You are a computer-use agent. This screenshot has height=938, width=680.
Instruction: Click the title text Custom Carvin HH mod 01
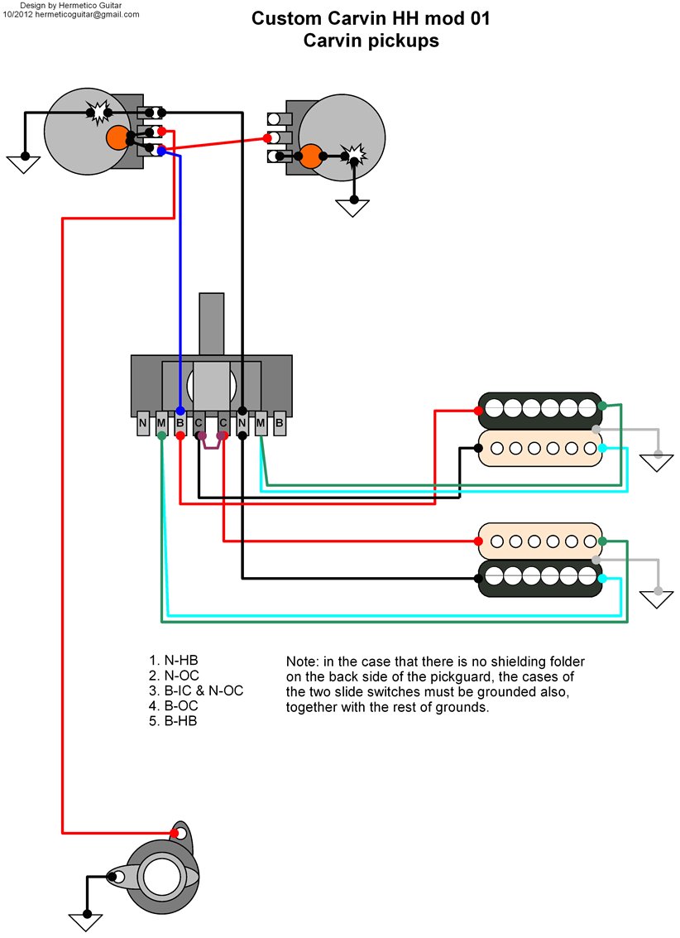[x=371, y=19]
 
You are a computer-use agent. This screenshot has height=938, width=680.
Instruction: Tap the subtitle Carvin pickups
[x=371, y=41]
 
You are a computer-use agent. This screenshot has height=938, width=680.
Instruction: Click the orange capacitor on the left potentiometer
[x=117, y=138]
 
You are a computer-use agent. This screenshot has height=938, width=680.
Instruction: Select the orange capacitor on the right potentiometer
[x=311, y=156]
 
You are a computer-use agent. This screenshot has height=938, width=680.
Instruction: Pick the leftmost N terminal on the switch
[x=142, y=424]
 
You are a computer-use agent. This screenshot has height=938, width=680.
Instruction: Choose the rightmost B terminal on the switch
[x=280, y=424]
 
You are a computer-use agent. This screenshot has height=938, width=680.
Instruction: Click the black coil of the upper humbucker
[x=539, y=408]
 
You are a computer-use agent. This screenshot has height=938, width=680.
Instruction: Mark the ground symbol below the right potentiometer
[x=354, y=208]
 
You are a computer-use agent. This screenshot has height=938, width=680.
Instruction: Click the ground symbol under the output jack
[x=84, y=921]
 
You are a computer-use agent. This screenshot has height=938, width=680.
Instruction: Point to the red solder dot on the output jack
[x=176, y=833]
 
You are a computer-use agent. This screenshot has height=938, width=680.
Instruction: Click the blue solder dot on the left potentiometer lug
[x=161, y=151]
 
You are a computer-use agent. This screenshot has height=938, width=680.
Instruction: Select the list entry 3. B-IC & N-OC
[x=196, y=690]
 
